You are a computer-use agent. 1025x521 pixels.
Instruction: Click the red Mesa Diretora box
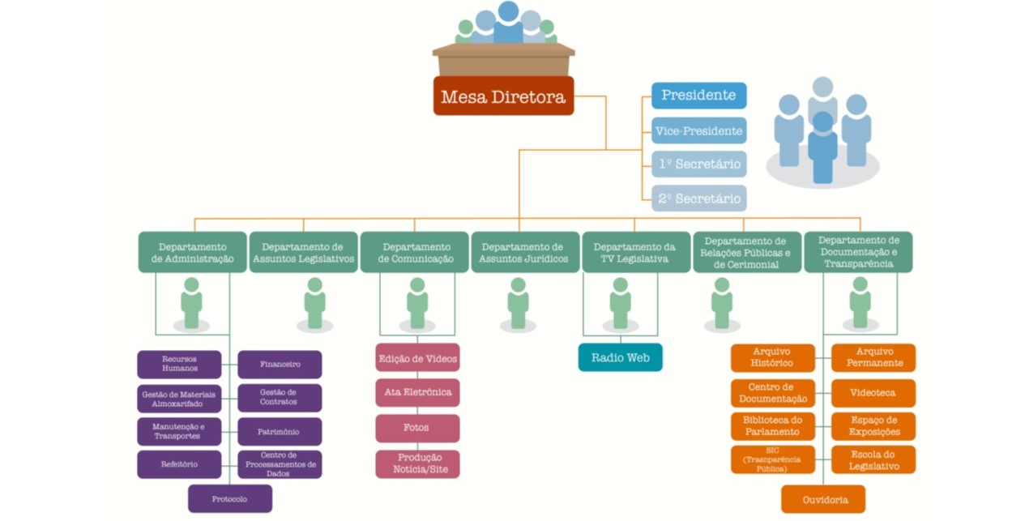(503, 96)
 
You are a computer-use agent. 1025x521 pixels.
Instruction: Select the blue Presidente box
(698, 96)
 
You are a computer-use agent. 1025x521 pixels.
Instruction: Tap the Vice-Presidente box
(698, 130)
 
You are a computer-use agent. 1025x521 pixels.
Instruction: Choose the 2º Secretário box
(698, 199)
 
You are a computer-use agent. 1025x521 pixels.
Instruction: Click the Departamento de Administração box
(192, 252)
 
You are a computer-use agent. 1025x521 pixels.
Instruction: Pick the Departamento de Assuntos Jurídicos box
(525, 252)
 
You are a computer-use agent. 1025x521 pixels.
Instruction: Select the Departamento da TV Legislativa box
(635, 252)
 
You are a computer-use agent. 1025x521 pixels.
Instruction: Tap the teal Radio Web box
(620, 357)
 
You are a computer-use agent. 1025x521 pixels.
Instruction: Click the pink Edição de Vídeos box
(417, 358)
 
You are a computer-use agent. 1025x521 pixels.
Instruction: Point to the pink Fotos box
(417, 428)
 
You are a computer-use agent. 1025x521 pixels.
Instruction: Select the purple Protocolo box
(230, 499)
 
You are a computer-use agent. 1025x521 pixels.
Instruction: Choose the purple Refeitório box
(179, 464)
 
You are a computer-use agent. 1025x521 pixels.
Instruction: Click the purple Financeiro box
(280, 365)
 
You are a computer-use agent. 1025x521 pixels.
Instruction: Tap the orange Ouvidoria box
(823, 499)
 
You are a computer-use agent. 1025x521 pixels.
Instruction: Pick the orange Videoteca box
(873, 393)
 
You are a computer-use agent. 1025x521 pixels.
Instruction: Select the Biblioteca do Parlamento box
(772, 426)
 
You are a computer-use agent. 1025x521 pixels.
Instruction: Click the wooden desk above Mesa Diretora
(503, 60)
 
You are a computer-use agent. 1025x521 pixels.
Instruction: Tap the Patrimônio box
(280, 432)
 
